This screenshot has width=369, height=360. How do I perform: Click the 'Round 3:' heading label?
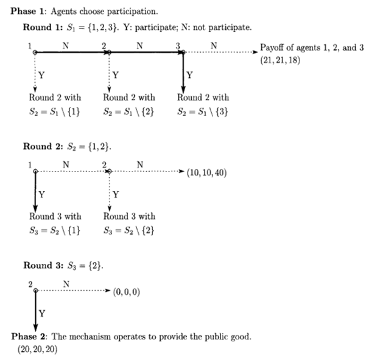41,266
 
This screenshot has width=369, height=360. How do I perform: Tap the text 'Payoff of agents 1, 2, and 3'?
311,47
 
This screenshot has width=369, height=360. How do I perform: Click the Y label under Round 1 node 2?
115,75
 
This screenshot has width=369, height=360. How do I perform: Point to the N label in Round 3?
66,284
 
